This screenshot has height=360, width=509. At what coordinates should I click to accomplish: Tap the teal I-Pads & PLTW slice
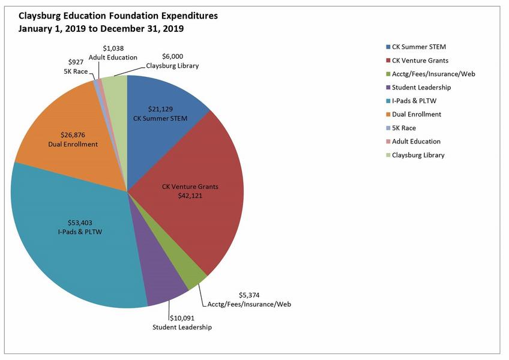(78, 252)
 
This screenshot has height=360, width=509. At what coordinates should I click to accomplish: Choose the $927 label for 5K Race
(76, 62)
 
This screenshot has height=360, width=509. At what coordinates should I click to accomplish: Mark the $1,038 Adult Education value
(113, 48)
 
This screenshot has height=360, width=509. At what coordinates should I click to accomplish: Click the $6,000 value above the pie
(172, 56)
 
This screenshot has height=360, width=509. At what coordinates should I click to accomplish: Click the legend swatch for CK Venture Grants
(387, 60)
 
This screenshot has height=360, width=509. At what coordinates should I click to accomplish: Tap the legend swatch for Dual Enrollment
(387, 114)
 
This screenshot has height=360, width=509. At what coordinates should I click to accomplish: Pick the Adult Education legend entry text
(416, 142)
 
